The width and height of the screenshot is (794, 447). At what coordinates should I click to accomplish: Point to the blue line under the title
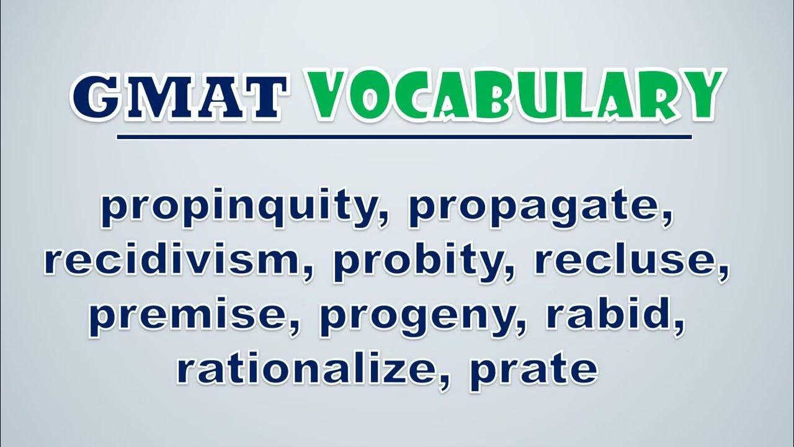click(404, 137)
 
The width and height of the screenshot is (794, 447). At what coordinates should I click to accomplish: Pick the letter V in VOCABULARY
click(326, 94)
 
